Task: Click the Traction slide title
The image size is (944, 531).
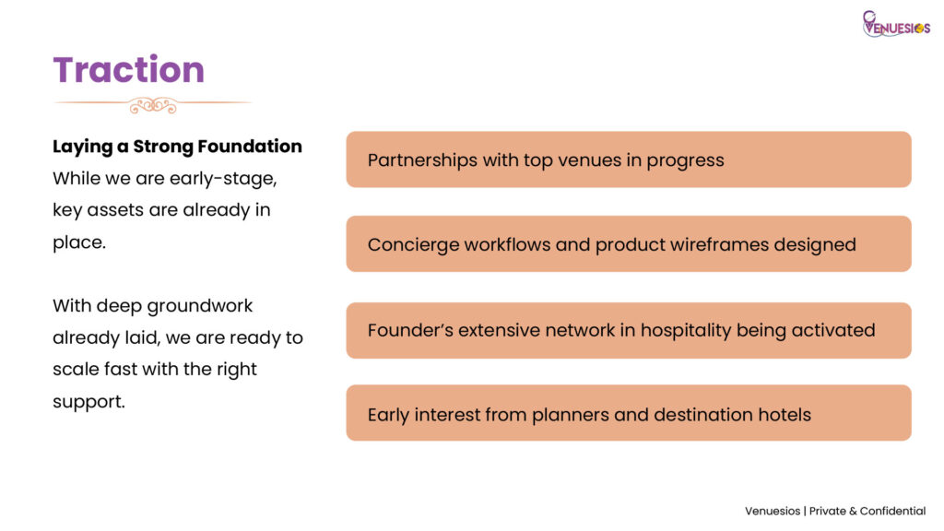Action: coord(129,70)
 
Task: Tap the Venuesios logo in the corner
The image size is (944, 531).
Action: coord(896,24)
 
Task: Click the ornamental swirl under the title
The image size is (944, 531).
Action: coord(152,105)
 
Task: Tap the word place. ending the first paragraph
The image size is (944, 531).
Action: coord(79,242)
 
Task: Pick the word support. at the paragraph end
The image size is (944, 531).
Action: coord(88,402)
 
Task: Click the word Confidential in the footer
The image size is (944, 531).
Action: coord(892,511)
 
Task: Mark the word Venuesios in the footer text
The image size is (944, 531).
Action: coord(773,511)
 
